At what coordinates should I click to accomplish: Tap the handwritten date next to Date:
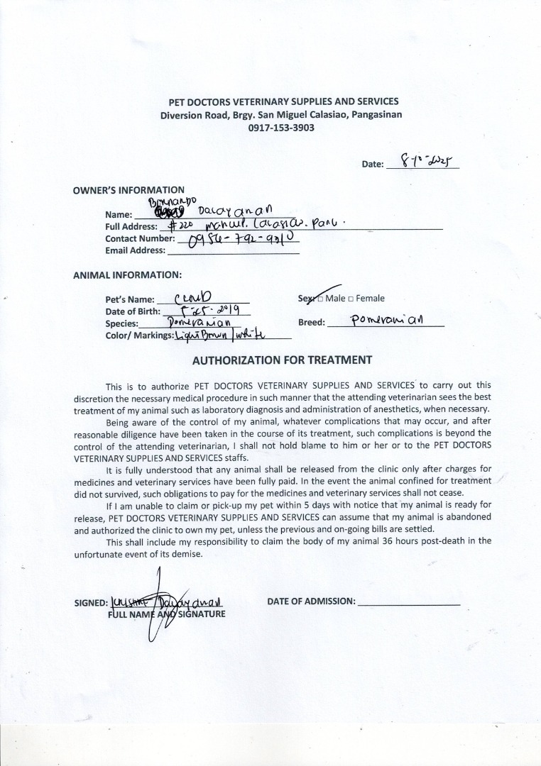[422, 162]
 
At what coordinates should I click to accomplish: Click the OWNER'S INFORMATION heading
[129, 190]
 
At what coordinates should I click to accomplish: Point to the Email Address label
[135, 250]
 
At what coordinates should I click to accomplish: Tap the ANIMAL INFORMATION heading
[128, 274]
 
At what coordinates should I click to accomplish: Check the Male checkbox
[320, 299]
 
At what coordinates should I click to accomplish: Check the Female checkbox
[351, 299]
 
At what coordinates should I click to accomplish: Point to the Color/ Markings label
[139, 335]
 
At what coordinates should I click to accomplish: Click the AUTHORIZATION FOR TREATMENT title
[282, 360]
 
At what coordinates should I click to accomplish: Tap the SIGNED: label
[90, 604]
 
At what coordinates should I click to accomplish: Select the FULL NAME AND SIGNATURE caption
[166, 614]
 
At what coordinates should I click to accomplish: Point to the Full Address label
[131, 226]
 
